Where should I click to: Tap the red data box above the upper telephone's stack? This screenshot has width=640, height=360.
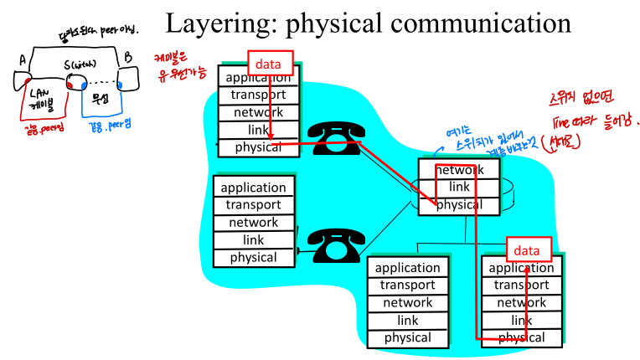(269, 63)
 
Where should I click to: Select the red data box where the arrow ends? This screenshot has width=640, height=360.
(528, 249)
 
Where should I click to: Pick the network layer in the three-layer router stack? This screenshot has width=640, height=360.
(458, 169)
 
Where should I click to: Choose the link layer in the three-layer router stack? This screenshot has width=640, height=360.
(458, 187)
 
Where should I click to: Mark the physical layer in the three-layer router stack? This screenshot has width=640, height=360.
(458, 204)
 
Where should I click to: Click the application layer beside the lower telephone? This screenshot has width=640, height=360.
(254, 188)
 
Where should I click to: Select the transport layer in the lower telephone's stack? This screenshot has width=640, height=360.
(254, 205)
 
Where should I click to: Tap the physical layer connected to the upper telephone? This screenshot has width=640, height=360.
(258, 147)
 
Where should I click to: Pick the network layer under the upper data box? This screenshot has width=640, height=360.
(258, 112)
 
